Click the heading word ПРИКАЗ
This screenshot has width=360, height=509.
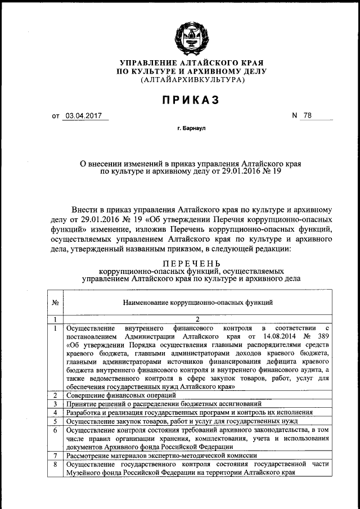pyautogui.click(x=190, y=100)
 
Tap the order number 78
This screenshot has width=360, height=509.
pyautogui.click(x=307, y=117)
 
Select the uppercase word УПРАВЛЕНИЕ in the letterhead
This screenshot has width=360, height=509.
pyautogui.click(x=147, y=62)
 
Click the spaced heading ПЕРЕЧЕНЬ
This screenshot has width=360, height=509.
pyautogui.click(x=191, y=263)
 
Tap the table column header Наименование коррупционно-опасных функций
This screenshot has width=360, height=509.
pyautogui.click(x=197, y=303)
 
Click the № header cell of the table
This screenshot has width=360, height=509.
pyautogui.click(x=55, y=303)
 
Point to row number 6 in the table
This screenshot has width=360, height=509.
pyautogui.click(x=55, y=430)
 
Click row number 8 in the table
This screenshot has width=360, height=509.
pyautogui.click(x=55, y=464)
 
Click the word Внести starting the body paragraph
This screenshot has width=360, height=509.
pyautogui.click(x=86, y=207)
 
